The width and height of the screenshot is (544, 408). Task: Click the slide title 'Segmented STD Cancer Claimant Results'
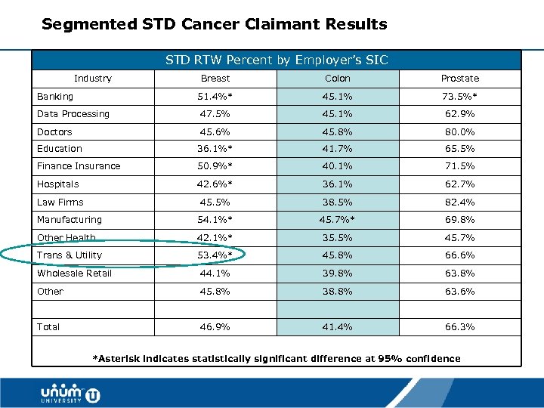214,24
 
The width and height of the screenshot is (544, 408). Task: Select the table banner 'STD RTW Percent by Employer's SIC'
277,60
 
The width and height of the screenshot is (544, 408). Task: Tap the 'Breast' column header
215,79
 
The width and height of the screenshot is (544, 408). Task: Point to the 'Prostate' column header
459,79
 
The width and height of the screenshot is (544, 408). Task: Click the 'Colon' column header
338,79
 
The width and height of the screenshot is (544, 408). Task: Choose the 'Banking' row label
55,97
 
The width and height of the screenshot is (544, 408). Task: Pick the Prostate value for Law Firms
459,202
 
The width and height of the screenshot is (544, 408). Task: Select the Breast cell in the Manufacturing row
215,220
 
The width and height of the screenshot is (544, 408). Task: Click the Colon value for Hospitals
338,184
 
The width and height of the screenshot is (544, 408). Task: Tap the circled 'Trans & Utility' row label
70,255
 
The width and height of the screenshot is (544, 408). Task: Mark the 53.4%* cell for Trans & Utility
215,255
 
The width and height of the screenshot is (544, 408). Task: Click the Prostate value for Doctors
459,131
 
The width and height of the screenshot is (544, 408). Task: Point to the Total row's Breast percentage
215,327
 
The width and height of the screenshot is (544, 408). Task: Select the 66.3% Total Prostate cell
459,327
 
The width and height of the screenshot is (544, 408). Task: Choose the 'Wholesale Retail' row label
74,274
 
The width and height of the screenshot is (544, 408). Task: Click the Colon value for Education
338,149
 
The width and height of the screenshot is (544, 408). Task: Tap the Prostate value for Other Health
459,238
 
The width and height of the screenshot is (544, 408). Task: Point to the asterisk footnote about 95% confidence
276,358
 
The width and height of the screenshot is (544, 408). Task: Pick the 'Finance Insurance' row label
79,166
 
